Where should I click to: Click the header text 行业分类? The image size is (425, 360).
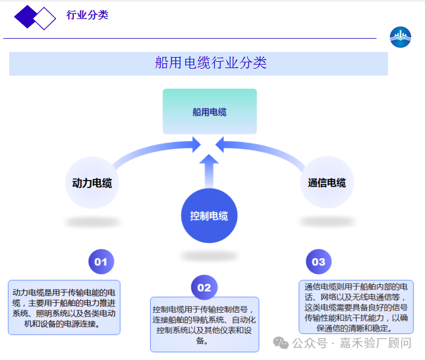click(x=87, y=16)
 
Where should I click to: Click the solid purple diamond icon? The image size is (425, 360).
click(x=25, y=17)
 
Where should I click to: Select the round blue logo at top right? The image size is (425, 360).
click(x=400, y=37)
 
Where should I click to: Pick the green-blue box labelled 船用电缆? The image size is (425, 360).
click(x=210, y=111)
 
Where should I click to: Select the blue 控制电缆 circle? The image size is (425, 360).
click(x=209, y=216)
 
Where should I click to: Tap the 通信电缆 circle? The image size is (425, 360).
click(x=327, y=183)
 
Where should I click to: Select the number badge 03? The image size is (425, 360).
click(x=319, y=262)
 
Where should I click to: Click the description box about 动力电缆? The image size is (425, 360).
click(x=64, y=307)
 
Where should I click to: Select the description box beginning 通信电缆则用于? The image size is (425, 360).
click(x=356, y=307)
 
